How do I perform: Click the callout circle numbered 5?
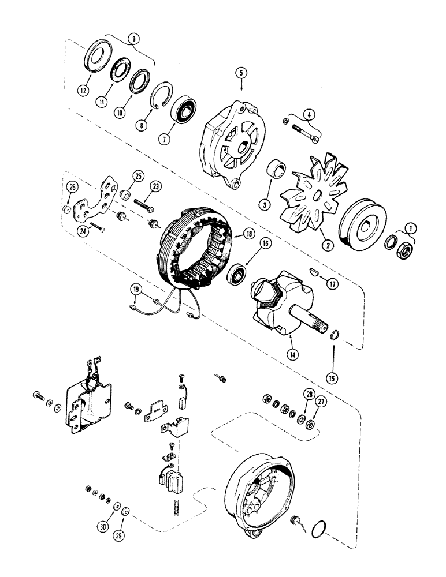[241, 73]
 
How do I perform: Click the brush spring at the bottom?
[176, 507]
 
